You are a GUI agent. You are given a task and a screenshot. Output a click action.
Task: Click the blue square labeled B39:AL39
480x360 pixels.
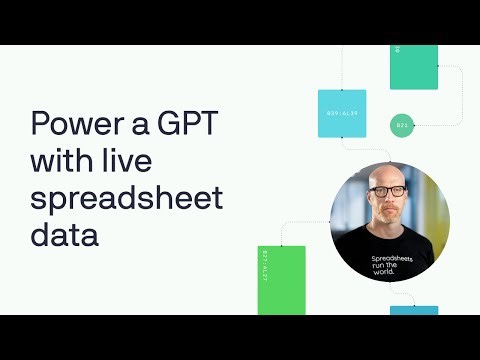click(x=341, y=114)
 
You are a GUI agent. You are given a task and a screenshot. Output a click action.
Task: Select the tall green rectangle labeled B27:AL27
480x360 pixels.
click(x=281, y=279)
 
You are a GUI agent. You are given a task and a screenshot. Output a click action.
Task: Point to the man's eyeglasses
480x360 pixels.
click(x=389, y=191)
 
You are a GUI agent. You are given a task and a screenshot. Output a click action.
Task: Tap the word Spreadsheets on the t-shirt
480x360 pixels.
click(x=391, y=258)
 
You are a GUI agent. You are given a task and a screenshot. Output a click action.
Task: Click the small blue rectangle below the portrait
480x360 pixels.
click(x=413, y=310)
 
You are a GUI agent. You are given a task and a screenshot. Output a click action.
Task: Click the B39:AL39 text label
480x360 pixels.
click(x=341, y=114)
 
